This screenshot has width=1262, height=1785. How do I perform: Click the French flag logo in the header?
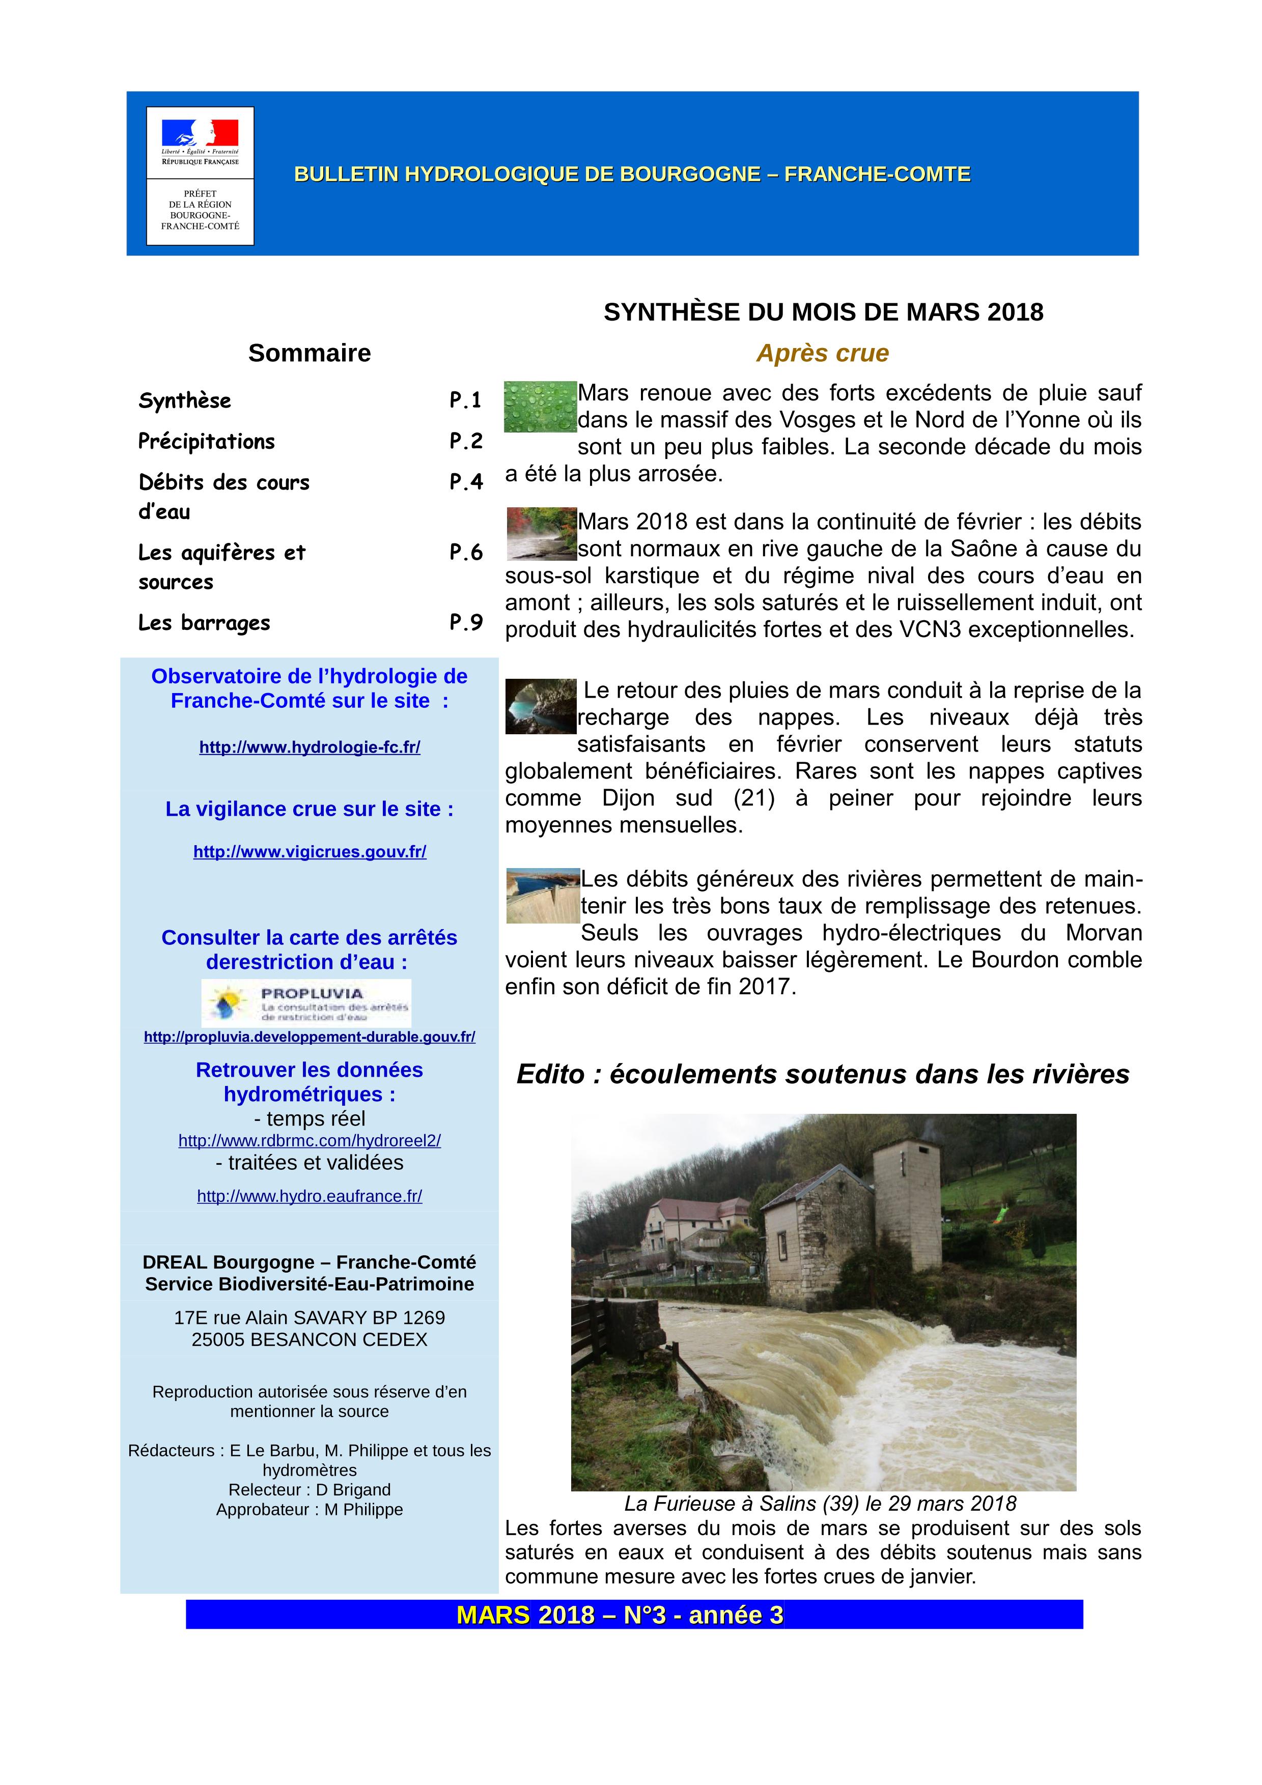tap(200, 134)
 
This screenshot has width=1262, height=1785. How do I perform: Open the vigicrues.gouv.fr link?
tap(310, 852)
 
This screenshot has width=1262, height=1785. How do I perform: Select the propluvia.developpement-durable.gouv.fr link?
tap(310, 1037)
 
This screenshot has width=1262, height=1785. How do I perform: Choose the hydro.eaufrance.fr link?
tap(310, 1196)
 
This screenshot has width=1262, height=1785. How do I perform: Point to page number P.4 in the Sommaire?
tap(466, 482)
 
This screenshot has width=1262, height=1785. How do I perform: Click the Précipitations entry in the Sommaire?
tap(207, 442)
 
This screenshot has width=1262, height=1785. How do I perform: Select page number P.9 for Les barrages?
tap(466, 622)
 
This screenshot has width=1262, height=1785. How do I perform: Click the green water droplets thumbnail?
tap(540, 407)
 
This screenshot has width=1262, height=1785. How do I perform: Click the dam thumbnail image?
tap(543, 896)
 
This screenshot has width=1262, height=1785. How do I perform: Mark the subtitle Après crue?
tap(823, 353)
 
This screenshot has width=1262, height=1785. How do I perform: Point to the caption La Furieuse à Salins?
tap(820, 1504)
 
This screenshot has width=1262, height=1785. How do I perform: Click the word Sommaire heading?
tap(310, 353)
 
